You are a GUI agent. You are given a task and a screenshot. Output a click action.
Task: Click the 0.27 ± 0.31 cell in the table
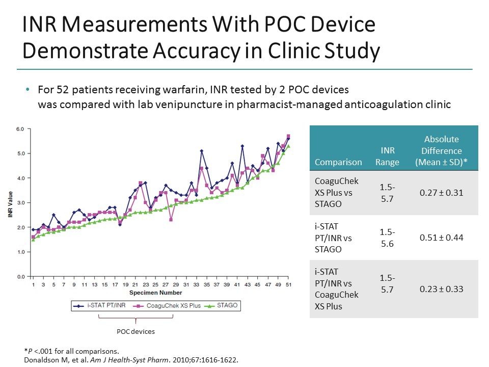[x=441, y=193]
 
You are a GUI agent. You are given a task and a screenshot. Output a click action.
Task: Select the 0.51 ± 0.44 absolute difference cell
[x=441, y=238]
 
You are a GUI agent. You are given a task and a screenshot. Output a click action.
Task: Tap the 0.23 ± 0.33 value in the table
[x=441, y=289]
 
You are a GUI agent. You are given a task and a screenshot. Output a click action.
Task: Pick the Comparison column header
[x=338, y=162]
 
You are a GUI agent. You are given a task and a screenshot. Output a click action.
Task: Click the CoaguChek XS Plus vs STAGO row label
[x=337, y=193]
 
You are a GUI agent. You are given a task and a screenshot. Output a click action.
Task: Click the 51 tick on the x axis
[x=288, y=284]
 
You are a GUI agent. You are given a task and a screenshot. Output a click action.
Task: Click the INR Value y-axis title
[x=10, y=204]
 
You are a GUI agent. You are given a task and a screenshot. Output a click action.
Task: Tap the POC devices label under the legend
[x=136, y=332]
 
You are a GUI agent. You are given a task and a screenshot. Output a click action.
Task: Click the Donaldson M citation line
[x=131, y=359]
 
